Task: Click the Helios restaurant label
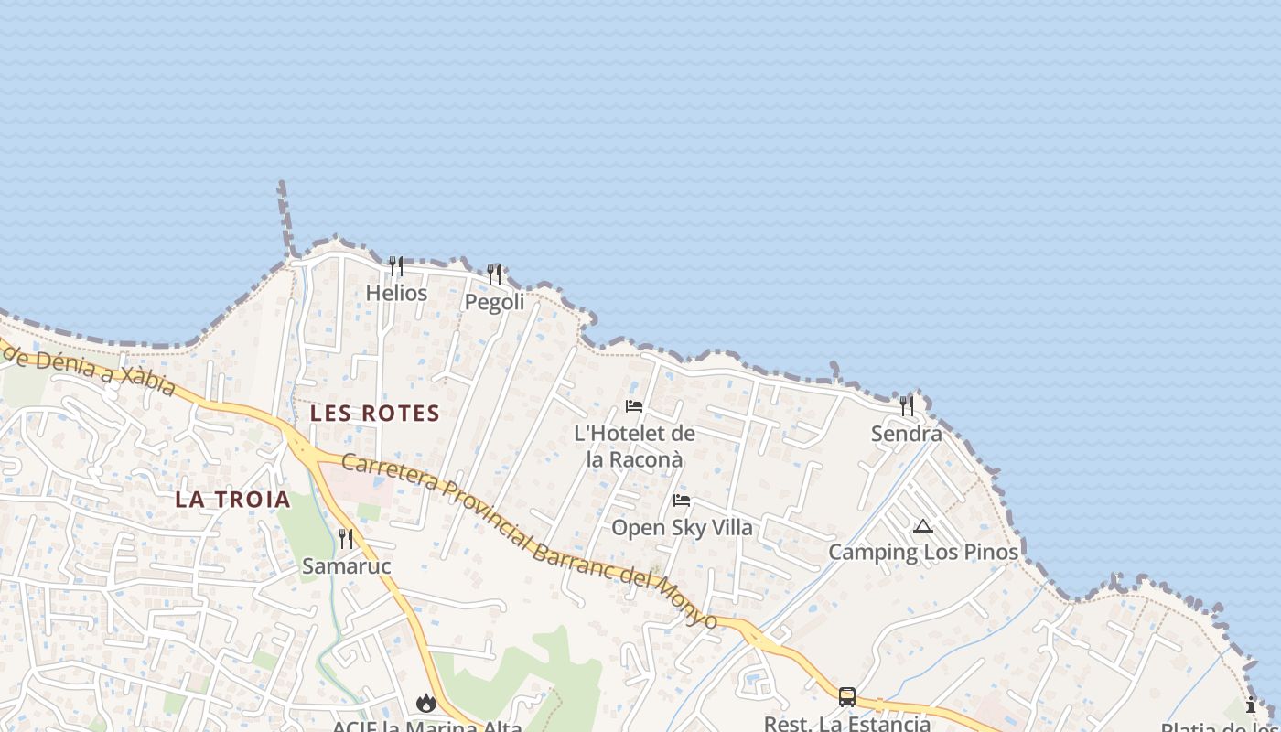[x=396, y=293]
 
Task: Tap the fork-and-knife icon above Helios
[x=396, y=266]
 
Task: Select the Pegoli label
[x=494, y=302]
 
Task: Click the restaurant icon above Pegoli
[x=494, y=274]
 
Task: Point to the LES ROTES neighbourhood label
[x=375, y=414]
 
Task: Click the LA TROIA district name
[x=233, y=500]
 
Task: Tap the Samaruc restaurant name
[x=347, y=566]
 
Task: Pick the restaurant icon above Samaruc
[x=346, y=538]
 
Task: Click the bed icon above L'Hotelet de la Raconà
[x=634, y=406]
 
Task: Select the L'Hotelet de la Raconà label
[x=634, y=446]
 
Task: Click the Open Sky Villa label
[x=682, y=528]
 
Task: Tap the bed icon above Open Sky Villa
[x=682, y=501]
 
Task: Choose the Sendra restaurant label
[x=906, y=434]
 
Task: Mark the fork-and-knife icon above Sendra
[x=907, y=405]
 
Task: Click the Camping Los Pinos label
[x=923, y=553]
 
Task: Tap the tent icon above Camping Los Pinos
[x=923, y=526]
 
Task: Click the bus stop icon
[x=847, y=697]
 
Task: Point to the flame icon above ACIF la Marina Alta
[x=425, y=703]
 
